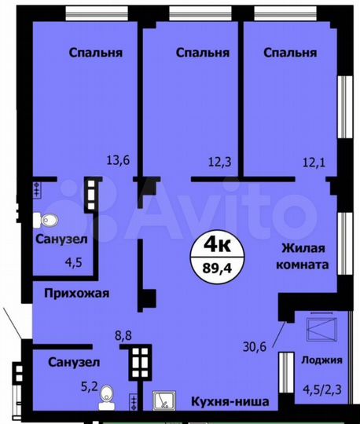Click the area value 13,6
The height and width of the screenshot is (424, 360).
click(x=118, y=160)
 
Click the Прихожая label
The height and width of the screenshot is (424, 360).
click(x=76, y=293)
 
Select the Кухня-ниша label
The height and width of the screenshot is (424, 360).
click(x=231, y=402)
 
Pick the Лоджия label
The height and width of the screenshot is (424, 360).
click(x=321, y=360)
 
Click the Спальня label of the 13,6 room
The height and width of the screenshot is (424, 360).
click(x=95, y=53)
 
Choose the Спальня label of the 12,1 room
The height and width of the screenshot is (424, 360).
click(x=290, y=53)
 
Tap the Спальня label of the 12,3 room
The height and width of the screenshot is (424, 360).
click(x=203, y=53)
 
